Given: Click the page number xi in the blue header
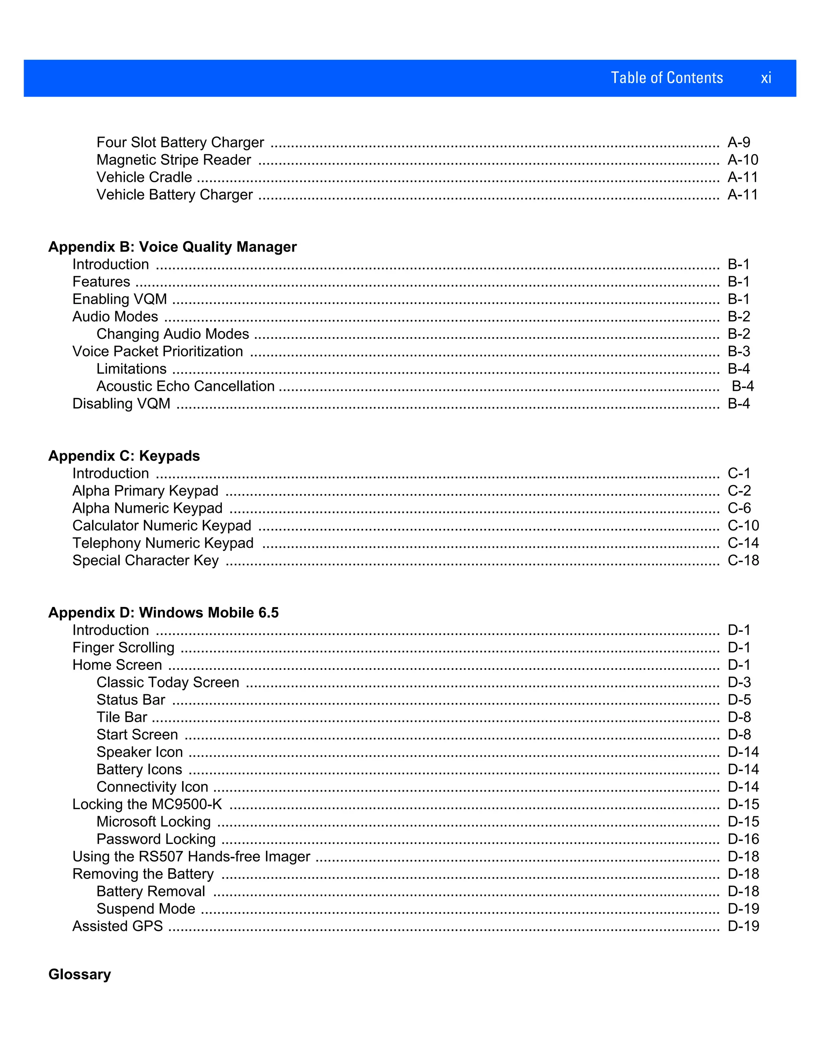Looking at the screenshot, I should [x=766, y=78].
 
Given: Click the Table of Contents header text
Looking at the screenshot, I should [x=667, y=78].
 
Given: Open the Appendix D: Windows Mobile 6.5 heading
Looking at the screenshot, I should [x=163, y=613].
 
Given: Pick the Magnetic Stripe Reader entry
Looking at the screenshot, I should [x=173, y=160].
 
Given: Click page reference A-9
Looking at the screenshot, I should [x=738, y=143].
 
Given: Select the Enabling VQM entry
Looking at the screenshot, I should [x=119, y=299].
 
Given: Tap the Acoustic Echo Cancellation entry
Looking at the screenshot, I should [x=185, y=386].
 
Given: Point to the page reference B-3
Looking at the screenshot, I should [x=738, y=351].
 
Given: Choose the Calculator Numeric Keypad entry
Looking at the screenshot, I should [x=162, y=526].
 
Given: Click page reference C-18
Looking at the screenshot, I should [x=743, y=561].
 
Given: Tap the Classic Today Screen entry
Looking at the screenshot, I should [x=168, y=683].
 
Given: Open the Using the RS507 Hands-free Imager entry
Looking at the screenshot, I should [x=191, y=856].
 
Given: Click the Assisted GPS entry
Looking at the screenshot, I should [x=118, y=926].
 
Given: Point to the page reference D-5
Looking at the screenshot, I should [x=739, y=700].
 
